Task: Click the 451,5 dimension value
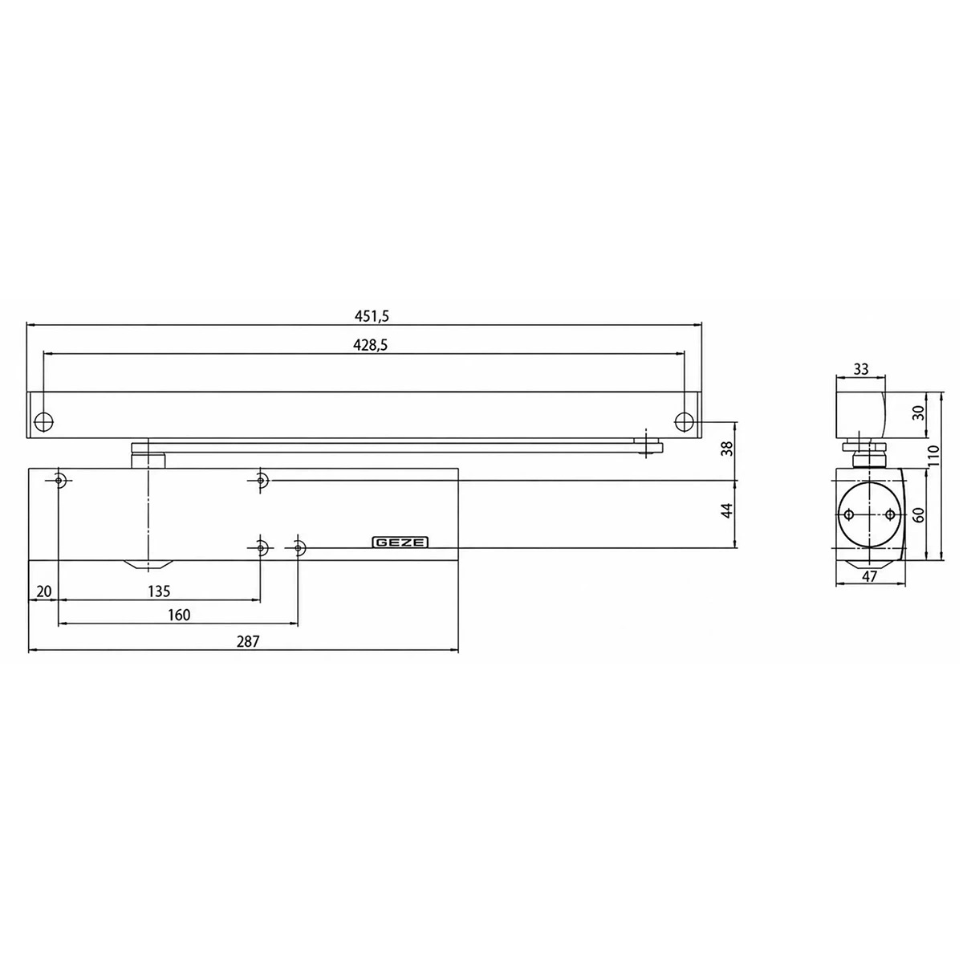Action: [x=372, y=316]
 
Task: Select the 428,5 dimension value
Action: [x=370, y=345]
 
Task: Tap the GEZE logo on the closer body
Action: [x=400, y=542]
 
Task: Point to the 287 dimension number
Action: [x=248, y=641]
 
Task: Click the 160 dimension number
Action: [x=179, y=615]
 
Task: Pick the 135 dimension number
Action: [x=159, y=591]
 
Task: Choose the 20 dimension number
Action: [x=44, y=591]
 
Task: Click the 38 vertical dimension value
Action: [x=728, y=448]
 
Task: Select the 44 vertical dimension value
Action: [x=728, y=510]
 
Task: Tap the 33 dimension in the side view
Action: [x=860, y=369]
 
